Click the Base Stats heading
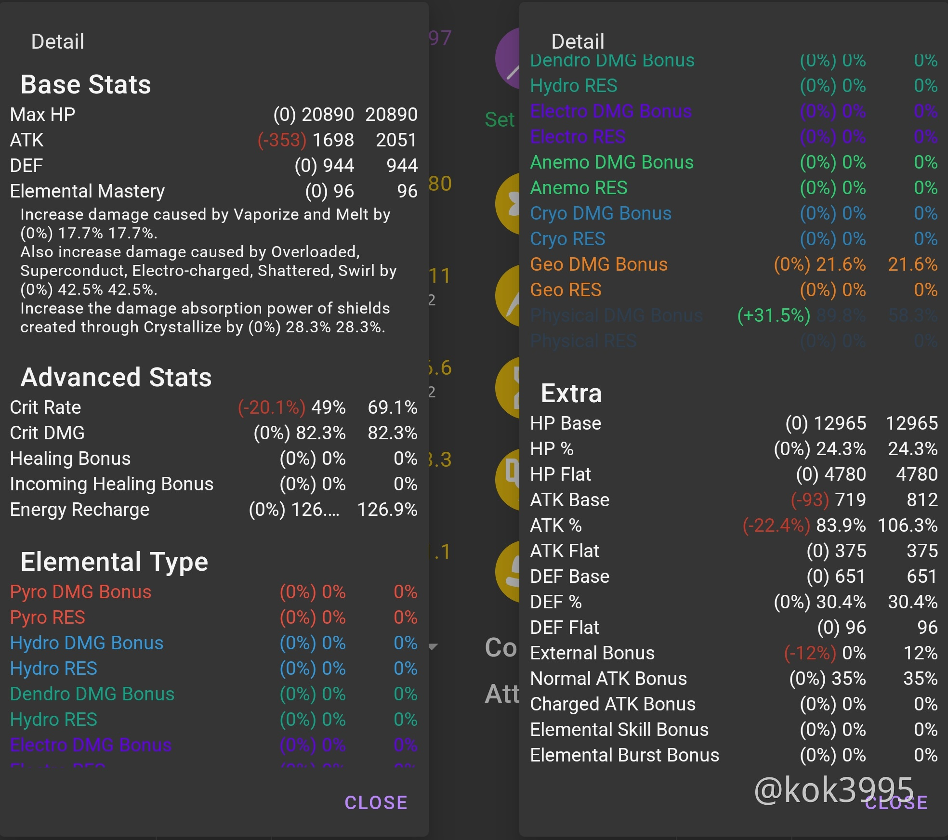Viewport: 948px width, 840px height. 86,85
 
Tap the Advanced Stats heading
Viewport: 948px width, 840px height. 116,377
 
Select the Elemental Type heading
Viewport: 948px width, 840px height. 114,562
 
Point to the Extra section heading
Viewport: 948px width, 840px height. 571,394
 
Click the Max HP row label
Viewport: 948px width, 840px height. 42,115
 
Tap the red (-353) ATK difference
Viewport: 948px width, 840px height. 282,140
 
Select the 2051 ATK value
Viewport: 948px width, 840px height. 396,140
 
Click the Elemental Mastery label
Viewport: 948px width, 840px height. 87,191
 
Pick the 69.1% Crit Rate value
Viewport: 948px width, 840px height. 392,407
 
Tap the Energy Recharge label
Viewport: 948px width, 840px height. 79,510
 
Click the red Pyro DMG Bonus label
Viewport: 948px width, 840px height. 80,592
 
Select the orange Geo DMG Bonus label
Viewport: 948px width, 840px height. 599,264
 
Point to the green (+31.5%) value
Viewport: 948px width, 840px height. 774,315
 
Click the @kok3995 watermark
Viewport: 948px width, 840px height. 834,790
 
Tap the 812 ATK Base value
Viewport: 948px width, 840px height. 922,500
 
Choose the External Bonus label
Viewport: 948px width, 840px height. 592,653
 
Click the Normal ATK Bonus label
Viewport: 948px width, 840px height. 608,679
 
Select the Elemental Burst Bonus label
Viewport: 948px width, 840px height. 624,755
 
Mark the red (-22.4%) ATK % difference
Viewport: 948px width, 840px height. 776,525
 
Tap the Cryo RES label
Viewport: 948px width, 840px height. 567,239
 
